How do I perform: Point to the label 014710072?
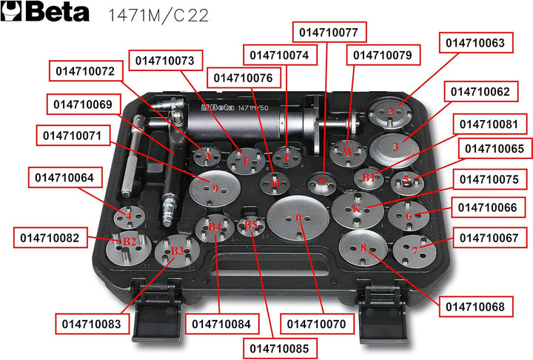[84, 72]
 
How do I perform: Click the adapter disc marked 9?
[215, 187]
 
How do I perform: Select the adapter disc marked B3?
[176, 252]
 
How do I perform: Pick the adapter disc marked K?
[357, 208]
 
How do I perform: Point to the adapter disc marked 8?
[363, 249]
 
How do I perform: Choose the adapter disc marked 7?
[413, 250]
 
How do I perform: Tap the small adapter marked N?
[321, 180]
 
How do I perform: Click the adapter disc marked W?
[346, 151]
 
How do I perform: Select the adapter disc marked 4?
[130, 216]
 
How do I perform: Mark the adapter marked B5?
[251, 225]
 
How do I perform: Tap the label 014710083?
[92, 324]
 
